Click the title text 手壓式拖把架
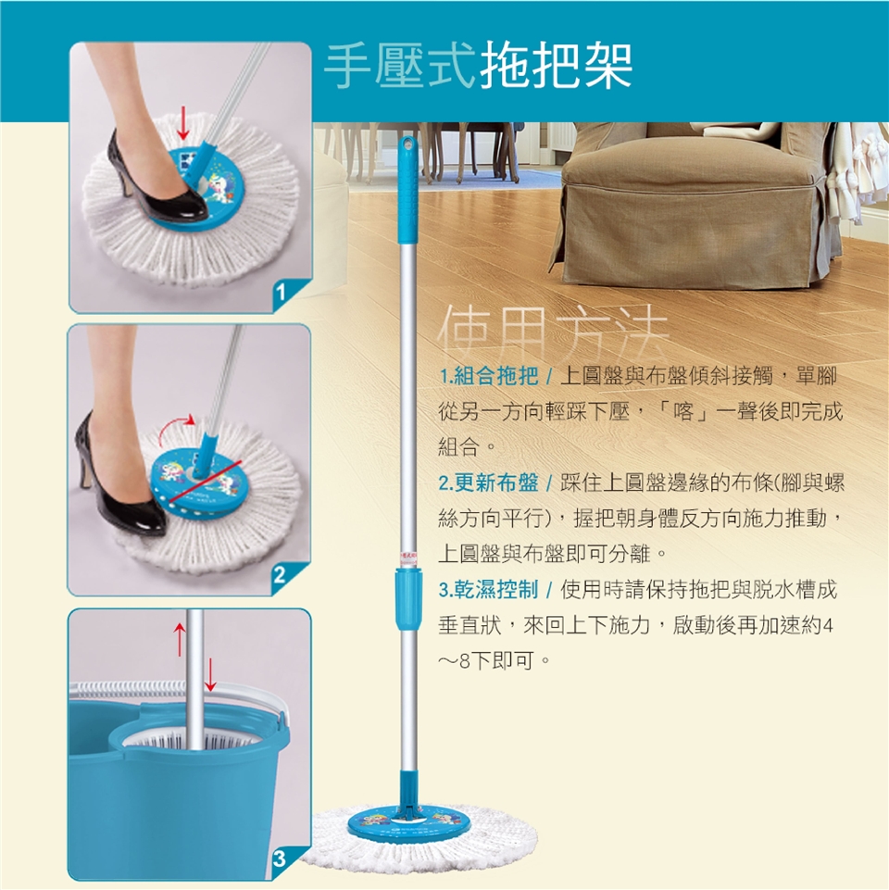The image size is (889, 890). (x=478, y=67)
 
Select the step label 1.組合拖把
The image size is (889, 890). (x=489, y=376)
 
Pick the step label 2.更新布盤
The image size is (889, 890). (x=489, y=483)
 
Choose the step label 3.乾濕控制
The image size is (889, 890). (x=489, y=590)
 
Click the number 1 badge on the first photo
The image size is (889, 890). (x=281, y=293)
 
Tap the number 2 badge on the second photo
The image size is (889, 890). (x=280, y=575)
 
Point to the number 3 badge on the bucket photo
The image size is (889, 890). (x=280, y=859)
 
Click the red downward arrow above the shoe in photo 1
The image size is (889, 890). (x=182, y=122)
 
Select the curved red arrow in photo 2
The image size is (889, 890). (x=173, y=426)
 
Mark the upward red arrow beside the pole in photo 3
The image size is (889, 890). (x=180, y=639)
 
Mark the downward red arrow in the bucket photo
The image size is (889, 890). (x=210, y=674)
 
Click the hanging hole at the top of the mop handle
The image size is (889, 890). (x=407, y=144)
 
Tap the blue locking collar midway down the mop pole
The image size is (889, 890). (x=408, y=599)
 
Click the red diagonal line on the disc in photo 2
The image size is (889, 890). (x=205, y=483)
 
